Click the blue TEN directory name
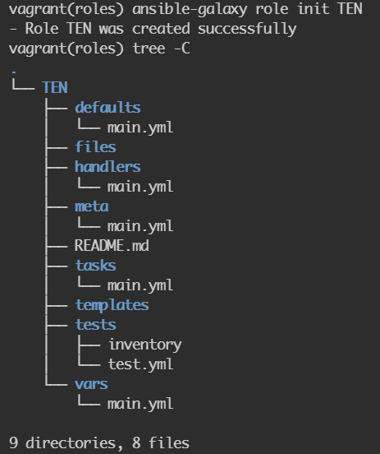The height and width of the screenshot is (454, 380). [x=55, y=87]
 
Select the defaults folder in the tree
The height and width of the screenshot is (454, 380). [x=108, y=107]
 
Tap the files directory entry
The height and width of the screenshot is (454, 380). [x=96, y=146]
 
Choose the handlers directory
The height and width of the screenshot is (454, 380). [x=108, y=166]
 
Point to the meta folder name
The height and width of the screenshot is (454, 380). [x=92, y=206]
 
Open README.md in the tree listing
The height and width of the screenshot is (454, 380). [x=112, y=246]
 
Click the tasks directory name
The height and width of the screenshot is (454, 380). [x=96, y=265]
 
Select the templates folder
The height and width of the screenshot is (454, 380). [x=112, y=305]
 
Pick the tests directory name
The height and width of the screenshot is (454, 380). [x=96, y=325]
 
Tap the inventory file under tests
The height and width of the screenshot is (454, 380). [x=145, y=345]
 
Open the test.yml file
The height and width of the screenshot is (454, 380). [x=140, y=364]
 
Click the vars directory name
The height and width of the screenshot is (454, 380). [x=91, y=384]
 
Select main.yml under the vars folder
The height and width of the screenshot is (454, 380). [x=140, y=404]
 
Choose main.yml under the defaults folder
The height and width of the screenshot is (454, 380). [x=140, y=127]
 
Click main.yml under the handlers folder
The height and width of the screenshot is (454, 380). [x=140, y=187]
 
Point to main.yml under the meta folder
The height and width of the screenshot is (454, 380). [x=140, y=226]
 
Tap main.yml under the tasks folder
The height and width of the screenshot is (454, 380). [x=140, y=285]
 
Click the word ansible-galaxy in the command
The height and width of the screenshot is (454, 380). [x=190, y=9]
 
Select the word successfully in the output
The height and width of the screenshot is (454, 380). [x=247, y=29]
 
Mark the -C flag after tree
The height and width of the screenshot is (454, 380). [x=182, y=49]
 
